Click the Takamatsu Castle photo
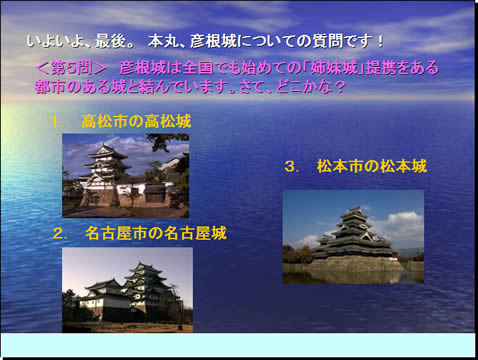126,176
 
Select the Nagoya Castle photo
127,290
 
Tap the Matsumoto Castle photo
353,237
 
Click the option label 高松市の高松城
136,121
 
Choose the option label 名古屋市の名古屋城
156,233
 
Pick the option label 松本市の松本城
372,166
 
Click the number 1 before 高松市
55,122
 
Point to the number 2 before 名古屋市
59,234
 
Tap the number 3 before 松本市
291,167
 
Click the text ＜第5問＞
71,68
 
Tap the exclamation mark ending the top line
380,41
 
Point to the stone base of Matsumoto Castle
357,265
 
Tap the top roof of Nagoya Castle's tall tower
146,267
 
